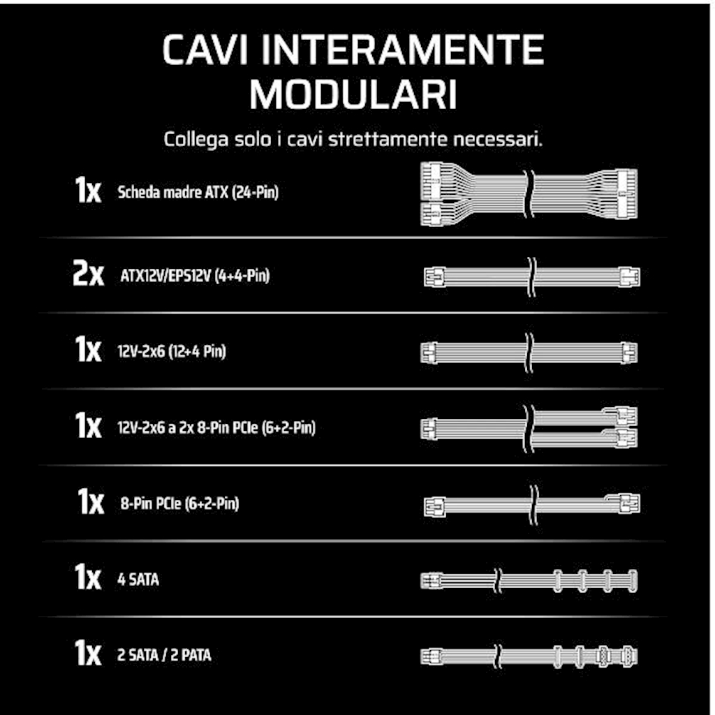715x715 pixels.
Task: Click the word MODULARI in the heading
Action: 353,94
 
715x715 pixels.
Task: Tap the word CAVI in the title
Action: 205,50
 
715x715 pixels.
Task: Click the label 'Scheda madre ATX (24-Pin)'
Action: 198,192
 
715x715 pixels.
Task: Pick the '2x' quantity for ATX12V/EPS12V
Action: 88,274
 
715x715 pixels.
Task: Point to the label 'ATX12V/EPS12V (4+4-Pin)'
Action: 195,275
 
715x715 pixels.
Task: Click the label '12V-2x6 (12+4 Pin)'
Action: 172,352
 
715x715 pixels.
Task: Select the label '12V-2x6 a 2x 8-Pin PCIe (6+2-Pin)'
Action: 216,428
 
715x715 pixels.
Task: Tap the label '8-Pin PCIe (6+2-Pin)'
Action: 179,503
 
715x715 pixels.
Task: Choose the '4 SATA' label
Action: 138,579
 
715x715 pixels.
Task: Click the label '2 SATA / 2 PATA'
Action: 164,655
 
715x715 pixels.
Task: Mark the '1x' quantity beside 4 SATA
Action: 87,577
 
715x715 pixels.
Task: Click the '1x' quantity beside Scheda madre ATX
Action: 87,190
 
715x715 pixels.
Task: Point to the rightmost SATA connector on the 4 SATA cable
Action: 633,581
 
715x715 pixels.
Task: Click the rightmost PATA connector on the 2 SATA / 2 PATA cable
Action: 629,656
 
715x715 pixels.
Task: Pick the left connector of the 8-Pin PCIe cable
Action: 434,506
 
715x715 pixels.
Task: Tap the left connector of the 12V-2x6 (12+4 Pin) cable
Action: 429,353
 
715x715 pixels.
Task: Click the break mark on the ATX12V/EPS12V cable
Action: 531,277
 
